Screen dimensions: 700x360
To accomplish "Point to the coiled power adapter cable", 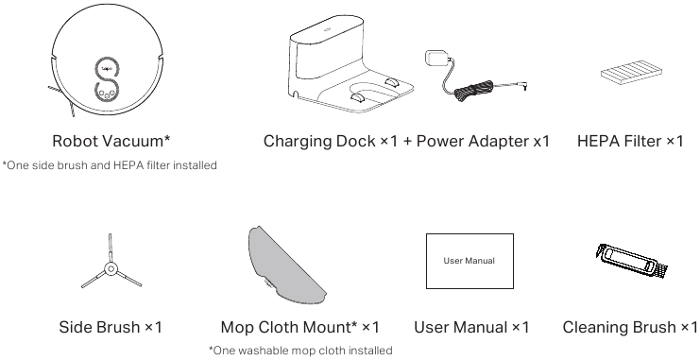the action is coord(473,91).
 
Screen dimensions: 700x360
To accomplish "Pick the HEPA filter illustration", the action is coord(631,71).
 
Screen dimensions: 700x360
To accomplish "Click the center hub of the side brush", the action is coord(111,268).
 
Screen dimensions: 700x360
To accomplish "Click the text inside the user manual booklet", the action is coord(470,261).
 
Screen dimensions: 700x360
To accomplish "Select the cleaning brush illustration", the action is coord(631,262).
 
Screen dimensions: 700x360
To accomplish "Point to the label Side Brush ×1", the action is coord(111,327).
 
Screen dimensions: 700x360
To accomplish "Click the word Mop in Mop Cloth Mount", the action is coord(237,328).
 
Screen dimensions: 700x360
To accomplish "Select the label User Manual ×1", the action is coord(471,327).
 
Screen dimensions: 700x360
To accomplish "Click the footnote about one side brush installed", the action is coord(110,165).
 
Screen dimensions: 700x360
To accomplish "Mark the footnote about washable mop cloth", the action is coord(300,351).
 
